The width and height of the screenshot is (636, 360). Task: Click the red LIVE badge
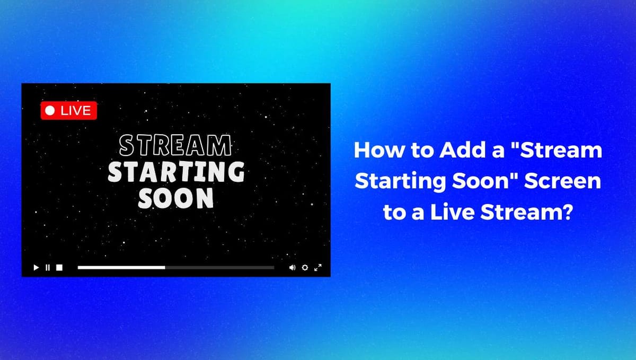click(69, 111)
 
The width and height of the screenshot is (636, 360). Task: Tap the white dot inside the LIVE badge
click(50, 111)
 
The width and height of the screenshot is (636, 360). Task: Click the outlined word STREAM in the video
click(175, 145)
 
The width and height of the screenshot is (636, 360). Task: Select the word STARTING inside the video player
click(176, 172)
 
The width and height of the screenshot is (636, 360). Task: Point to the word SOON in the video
click(176, 198)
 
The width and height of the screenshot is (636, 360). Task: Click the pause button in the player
click(48, 268)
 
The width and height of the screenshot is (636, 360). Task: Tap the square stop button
click(59, 268)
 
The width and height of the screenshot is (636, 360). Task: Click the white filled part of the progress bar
click(121, 268)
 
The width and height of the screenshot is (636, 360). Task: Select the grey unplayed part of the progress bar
click(219, 268)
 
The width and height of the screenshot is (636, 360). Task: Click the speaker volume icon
click(292, 268)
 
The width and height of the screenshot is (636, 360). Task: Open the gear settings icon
click(305, 268)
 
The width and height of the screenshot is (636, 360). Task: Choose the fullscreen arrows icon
click(318, 268)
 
